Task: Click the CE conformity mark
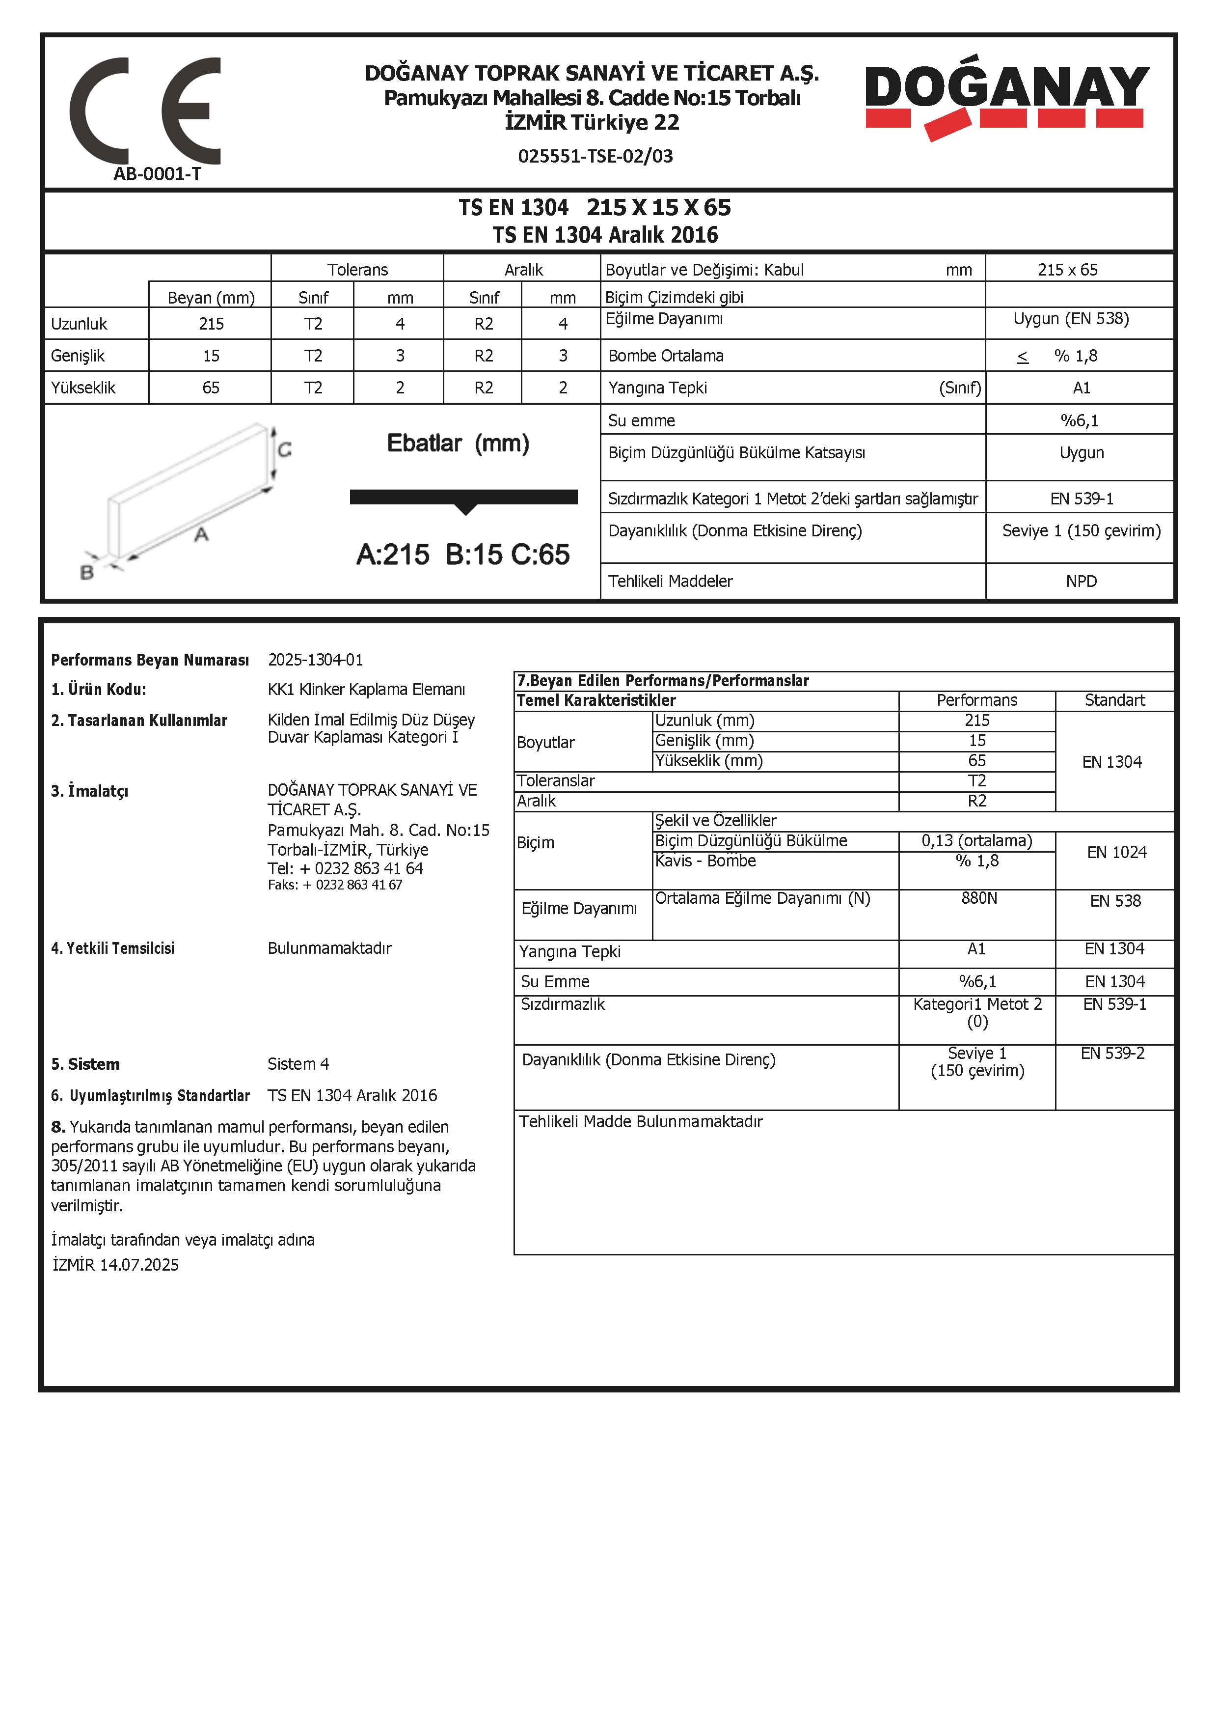coord(145,111)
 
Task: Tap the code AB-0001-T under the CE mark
coord(158,174)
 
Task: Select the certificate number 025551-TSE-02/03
coord(595,156)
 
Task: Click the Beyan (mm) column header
coord(211,298)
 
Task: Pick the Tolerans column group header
coord(358,270)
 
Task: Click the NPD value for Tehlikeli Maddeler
coord(1081,581)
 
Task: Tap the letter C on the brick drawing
coord(284,449)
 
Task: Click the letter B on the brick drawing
coord(87,573)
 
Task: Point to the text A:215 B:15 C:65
coord(463,555)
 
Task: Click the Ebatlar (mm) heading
coord(458,444)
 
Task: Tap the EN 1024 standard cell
coord(1116,853)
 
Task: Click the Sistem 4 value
coord(298,1064)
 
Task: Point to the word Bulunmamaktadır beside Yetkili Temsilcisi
coord(329,948)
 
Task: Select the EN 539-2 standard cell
coord(1112,1054)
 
